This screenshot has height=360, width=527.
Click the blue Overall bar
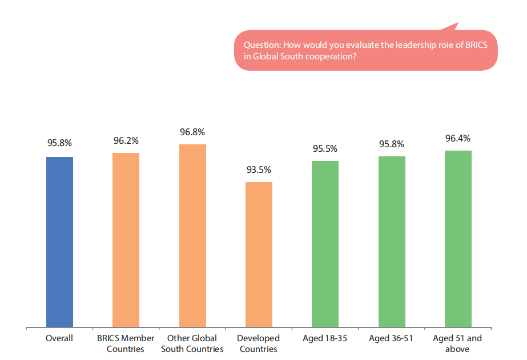(59, 242)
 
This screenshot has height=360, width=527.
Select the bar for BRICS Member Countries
(126, 240)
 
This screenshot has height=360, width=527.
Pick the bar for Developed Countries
(259, 254)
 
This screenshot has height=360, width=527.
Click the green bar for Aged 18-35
(325, 244)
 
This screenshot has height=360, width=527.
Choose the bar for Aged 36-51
(392, 242)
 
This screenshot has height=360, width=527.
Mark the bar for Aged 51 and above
(458, 239)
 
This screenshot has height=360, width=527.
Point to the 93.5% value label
(259, 170)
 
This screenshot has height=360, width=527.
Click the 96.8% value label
(192, 132)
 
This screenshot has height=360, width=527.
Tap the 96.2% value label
(126, 140)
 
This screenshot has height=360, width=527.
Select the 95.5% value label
(325, 149)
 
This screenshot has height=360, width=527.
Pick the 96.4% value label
(458, 138)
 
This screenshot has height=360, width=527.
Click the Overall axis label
(59, 338)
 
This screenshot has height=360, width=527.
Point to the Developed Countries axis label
(259, 343)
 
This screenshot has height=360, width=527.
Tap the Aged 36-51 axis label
(392, 338)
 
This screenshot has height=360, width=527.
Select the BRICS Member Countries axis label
(126, 343)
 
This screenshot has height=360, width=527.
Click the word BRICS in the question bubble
(476, 45)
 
